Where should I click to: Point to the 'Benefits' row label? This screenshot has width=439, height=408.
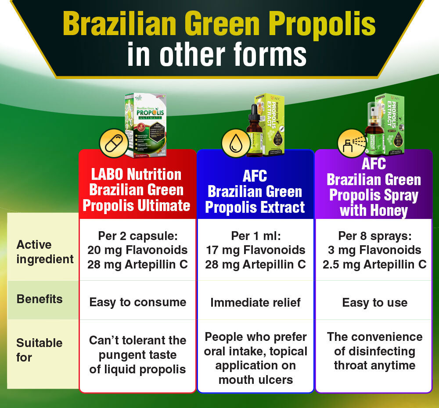coord(40,299)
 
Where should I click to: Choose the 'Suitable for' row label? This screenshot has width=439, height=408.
coord(40,350)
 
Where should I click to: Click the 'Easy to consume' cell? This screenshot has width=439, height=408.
coord(137,302)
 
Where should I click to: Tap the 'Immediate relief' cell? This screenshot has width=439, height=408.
coord(255,302)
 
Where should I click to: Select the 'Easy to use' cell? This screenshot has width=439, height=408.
coord(374,302)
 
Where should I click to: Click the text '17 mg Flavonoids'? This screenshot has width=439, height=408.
coord(255,250)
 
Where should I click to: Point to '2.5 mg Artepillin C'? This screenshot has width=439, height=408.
coord(374,265)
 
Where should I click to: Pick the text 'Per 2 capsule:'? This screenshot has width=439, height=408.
coord(137,236)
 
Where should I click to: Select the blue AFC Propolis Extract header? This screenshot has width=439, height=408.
coord(255,191)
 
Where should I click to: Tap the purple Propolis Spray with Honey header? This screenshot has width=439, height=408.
coord(374,188)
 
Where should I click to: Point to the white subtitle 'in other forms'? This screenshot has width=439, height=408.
coord(217,55)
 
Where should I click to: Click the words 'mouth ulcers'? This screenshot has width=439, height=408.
coord(255,379)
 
